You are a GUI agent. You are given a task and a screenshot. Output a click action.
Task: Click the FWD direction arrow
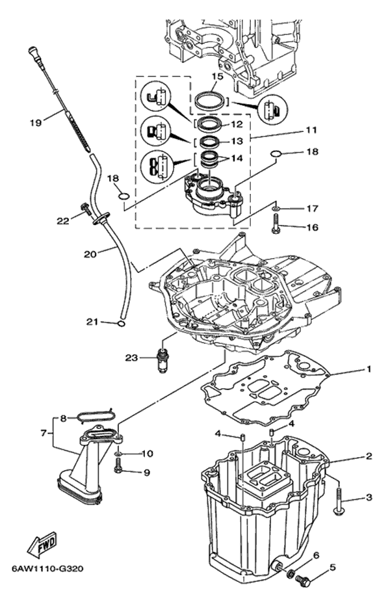pyautogui.click(x=42, y=543)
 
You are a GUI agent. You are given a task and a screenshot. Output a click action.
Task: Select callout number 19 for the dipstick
pyautogui.click(x=35, y=123)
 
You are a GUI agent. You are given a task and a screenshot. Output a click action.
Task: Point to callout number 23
pyautogui.click(x=131, y=358)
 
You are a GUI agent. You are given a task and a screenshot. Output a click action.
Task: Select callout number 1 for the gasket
pyautogui.click(x=369, y=369)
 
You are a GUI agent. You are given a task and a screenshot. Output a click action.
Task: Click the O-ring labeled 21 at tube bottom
pyautogui.click(x=120, y=324)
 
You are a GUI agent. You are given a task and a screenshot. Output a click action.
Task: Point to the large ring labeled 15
pyautogui.click(x=210, y=101)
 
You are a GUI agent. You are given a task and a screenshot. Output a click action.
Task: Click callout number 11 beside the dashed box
pyautogui.click(x=311, y=130)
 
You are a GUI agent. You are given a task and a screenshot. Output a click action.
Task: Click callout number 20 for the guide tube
pyautogui.click(x=90, y=254)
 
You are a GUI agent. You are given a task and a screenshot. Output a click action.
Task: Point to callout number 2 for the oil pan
pyautogui.click(x=369, y=456)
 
